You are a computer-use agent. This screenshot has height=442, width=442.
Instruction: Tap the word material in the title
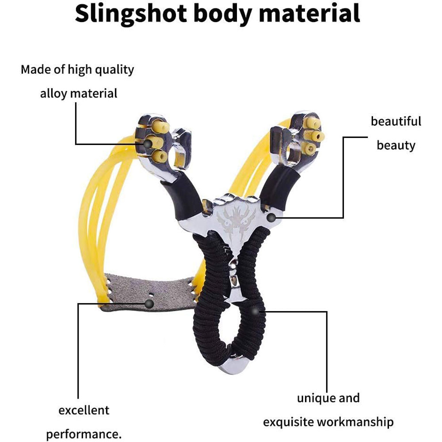coord(309,14)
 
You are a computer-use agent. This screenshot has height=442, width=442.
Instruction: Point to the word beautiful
coord(396,121)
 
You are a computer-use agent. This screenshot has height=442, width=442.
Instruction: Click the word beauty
coord(396,145)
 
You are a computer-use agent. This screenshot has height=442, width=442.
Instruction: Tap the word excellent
coord(84,410)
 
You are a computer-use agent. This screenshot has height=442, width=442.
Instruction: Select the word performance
coord(84,434)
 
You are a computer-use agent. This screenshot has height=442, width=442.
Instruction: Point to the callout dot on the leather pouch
coord(149,303)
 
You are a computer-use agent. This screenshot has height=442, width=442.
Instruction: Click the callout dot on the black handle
coord(255,311)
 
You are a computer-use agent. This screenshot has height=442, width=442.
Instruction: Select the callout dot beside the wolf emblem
coord(273,217)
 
